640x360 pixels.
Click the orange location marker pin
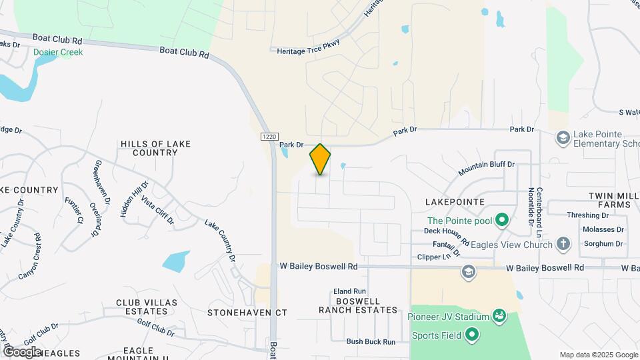coord(320,159)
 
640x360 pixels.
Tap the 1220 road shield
coord(267,136)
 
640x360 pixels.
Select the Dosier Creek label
coord(59,52)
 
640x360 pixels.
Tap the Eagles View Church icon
coord(563,245)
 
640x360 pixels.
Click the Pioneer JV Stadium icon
coord(498,315)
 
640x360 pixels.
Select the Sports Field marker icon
coord(472,335)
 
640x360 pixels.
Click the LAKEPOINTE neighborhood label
coord(453,201)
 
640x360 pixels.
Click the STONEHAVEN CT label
coord(247,312)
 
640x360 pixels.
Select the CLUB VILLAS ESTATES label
coord(147,307)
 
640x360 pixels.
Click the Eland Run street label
coord(350,291)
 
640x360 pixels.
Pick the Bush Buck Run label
coord(371,341)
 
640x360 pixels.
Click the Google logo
coord(21,351)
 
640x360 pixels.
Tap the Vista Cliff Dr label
coord(157,210)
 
